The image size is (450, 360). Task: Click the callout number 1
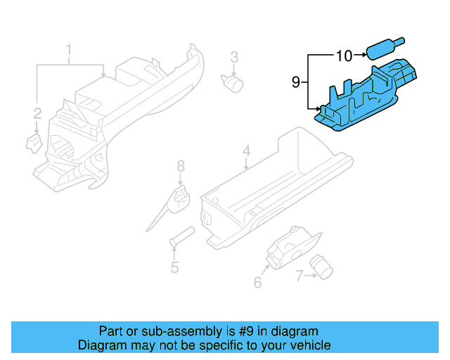[x=69, y=50]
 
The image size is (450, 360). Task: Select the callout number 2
[x=37, y=112]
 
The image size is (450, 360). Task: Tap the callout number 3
[x=234, y=57]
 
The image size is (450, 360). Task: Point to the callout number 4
[x=246, y=151]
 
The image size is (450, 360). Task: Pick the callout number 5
[x=174, y=267]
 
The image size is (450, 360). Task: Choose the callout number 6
[x=257, y=283]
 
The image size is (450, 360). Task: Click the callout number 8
[x=181, y=166]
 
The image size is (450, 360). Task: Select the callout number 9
[x=296, y=83]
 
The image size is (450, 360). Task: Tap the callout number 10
[x=344, y=55]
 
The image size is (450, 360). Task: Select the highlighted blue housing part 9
[x=366, y=98]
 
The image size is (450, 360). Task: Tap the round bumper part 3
[x=233, y=82]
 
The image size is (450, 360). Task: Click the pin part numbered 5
[x=181, y=236]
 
